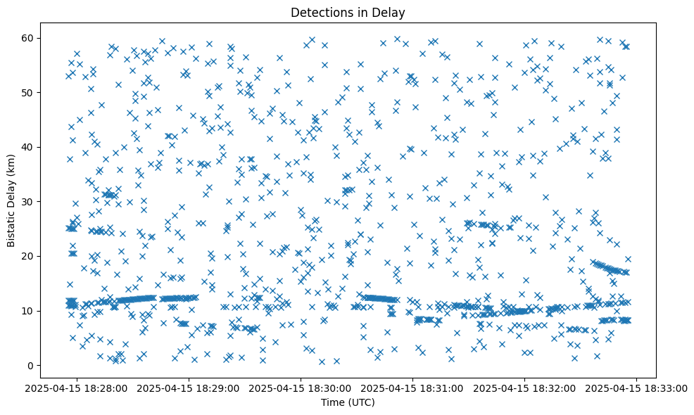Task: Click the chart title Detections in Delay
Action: pyautogui.click(x=348, y=12)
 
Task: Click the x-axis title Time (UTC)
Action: pyautogui.click(x=348, y=403)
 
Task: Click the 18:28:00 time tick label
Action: pyautogui.click(x=77, y=388)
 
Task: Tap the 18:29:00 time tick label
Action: pyautogui.click(x=189, y=388)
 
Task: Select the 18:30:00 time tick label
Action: pyautogui.click(x=301, y=388)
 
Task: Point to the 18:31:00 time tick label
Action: pyautogui.click(x=413, y=388)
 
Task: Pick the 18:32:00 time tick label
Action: pyautogui.click(x=525, y=388)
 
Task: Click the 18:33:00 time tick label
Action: pyautogui.click(x=637, y=388)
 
